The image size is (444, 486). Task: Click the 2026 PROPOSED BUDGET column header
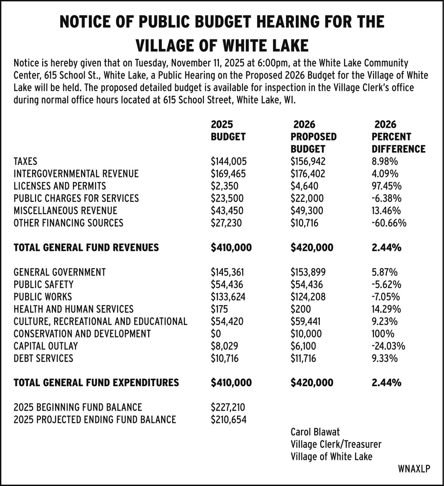click(x=313, y=137)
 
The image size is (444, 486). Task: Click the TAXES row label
click(x=26, y=161)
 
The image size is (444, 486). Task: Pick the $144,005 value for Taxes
click(x=228, y=161)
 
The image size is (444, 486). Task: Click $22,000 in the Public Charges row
click(x=307, y=198)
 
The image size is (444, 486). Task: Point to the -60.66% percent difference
click(x=389, y=223)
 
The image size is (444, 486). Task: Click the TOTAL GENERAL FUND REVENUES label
click(x=86, y=247)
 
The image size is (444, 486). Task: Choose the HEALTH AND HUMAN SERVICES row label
click(x=73, y=309)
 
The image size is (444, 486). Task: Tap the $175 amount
click(x=220, y=309)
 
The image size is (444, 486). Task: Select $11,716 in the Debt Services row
click(x=303, y=358)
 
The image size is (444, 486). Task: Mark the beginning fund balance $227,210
click(x=228, y=407)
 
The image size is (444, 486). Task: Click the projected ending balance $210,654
click(x=228, y=419)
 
